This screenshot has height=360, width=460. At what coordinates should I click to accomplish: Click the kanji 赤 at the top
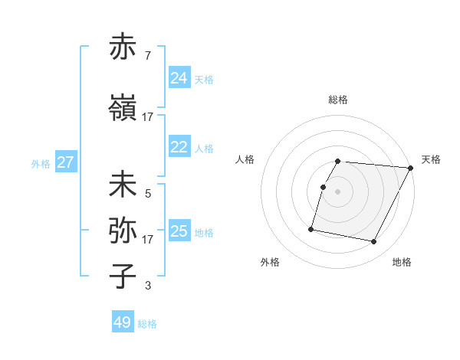click(123, 47)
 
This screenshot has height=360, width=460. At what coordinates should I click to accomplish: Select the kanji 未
click(123, 185)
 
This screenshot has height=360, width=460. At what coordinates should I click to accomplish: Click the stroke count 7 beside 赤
click(147, 57)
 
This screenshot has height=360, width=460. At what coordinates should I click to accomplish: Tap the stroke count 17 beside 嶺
click(147, 117)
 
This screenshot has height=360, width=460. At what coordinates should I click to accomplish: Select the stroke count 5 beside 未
click(147, 194)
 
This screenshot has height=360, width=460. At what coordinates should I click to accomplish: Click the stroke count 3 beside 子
click(147, 286)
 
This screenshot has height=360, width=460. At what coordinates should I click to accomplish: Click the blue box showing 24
click(179, 78)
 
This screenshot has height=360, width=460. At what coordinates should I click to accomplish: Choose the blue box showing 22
click(179, 147)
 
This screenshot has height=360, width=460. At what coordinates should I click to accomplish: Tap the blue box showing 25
click(179, 231)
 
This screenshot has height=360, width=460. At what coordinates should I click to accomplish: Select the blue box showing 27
click(66, 162)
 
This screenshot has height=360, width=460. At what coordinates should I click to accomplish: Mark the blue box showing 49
click(123, 322)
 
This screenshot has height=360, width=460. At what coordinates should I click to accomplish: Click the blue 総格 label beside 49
click(147, 324)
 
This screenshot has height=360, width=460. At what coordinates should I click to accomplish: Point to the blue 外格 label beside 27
click(41, 163)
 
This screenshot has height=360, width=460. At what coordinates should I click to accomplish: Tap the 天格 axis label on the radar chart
click(431, 159)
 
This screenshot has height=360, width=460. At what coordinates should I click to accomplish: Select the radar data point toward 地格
click(374, 242)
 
